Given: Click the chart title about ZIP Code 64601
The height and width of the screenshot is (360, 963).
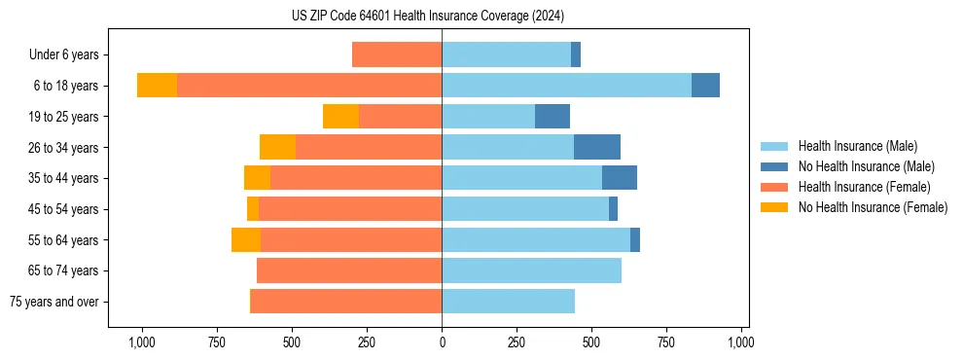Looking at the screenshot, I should tap(428, 16).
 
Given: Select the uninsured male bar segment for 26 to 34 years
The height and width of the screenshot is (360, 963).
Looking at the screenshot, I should tap(597, 147).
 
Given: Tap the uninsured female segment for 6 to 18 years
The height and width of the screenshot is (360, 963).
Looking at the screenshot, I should tap(157, 86).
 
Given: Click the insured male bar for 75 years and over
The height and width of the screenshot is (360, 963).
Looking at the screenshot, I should tap(508, 302).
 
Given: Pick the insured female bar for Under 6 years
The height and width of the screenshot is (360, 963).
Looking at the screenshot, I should tap(397, 54).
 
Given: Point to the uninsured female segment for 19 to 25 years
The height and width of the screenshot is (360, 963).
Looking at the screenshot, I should tap(340, 117).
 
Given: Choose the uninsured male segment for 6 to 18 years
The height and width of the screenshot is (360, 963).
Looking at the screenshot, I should tap(705, 86).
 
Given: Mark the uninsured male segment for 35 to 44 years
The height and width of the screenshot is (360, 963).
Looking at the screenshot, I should tap(620, 178).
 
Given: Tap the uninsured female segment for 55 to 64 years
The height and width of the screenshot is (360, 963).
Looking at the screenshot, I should tap(246, 239).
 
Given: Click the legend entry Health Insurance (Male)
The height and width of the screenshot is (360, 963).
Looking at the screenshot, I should tap(857, 146).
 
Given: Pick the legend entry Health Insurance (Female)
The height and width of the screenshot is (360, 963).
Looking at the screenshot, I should tap(864, 187).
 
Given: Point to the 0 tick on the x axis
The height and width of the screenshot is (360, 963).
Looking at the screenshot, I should tap(442, 342).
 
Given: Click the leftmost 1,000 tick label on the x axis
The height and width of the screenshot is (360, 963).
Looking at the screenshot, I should tap(142, 342).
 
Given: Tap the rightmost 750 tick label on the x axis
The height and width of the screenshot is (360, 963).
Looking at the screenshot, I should tap(666, 342).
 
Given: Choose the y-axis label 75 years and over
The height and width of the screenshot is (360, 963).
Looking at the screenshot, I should tap(53, 302).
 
